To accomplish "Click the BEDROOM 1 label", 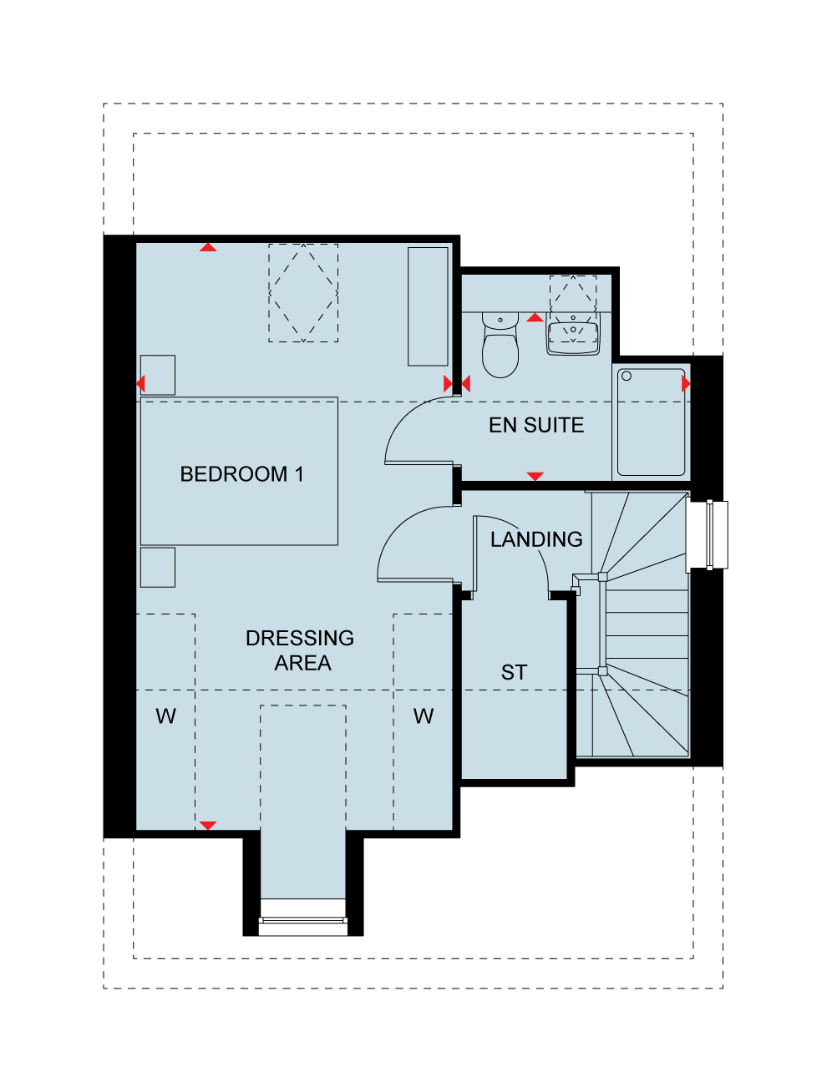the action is click(x=241, y=474).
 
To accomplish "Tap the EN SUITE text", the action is click(x=536, y=425).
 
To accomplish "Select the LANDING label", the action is click(x=536, y=539).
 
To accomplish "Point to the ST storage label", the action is click(x=514, y=673).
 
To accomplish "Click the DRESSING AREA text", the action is click(x=300, y=650).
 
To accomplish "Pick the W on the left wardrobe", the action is click(x=165, y=716).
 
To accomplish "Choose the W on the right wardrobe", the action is click(x=424, y=716).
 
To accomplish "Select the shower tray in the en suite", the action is click(x=651, y=422).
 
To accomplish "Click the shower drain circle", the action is click(x=627, y=377).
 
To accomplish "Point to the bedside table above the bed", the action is click(x=158, y=375).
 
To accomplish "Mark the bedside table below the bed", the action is click(x=158, y=567).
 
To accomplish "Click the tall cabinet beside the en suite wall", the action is click(x=428, y=306).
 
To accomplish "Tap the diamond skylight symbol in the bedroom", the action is click(x=303, y=293).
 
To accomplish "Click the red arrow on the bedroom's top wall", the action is click(x=208, y=247).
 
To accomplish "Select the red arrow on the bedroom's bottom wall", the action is click(x=208, y=826).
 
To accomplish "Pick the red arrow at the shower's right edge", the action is click(x=686, y=383).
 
